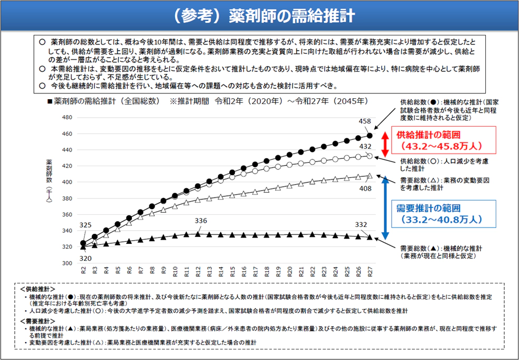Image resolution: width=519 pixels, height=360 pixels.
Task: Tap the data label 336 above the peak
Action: click(201, 221)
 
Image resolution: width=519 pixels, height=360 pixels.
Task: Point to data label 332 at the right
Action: click(361, 225)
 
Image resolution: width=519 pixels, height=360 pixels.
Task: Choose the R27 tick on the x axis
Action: click(370, 272)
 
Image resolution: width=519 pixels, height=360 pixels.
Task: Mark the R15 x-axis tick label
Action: click(232, 272)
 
